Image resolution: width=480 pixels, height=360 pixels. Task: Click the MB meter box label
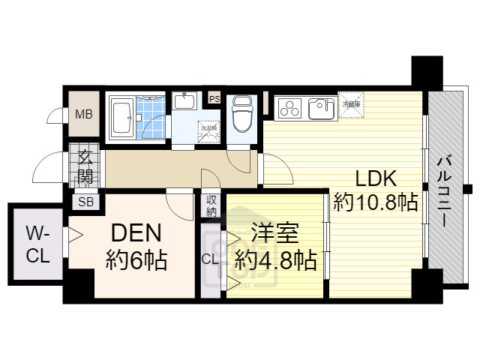coord(83,115)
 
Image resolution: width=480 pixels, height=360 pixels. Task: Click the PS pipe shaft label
coord(214,98)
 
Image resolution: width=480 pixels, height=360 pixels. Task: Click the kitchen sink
coord(322,109)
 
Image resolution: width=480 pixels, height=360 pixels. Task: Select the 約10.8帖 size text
coord(375,202)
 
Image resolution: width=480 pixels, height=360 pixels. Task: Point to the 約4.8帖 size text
coord(274,260)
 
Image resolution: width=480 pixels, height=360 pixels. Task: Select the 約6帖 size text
coord(136,260)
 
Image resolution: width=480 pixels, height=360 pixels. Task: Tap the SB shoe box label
coord(86,202)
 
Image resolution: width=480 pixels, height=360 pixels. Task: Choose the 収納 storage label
coord(211,206)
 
